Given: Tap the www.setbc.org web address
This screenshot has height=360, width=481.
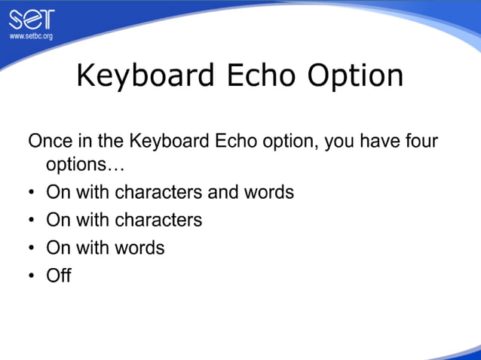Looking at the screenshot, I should (31, 36).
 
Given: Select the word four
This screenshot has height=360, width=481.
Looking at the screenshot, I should (420, 142).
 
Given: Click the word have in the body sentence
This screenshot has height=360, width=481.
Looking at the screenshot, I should (378, 142).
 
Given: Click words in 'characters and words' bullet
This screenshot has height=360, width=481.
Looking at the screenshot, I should (268, 192).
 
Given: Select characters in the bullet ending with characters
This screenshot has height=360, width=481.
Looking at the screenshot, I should (158, 220).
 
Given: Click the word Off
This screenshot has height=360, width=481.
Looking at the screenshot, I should (59, 275).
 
